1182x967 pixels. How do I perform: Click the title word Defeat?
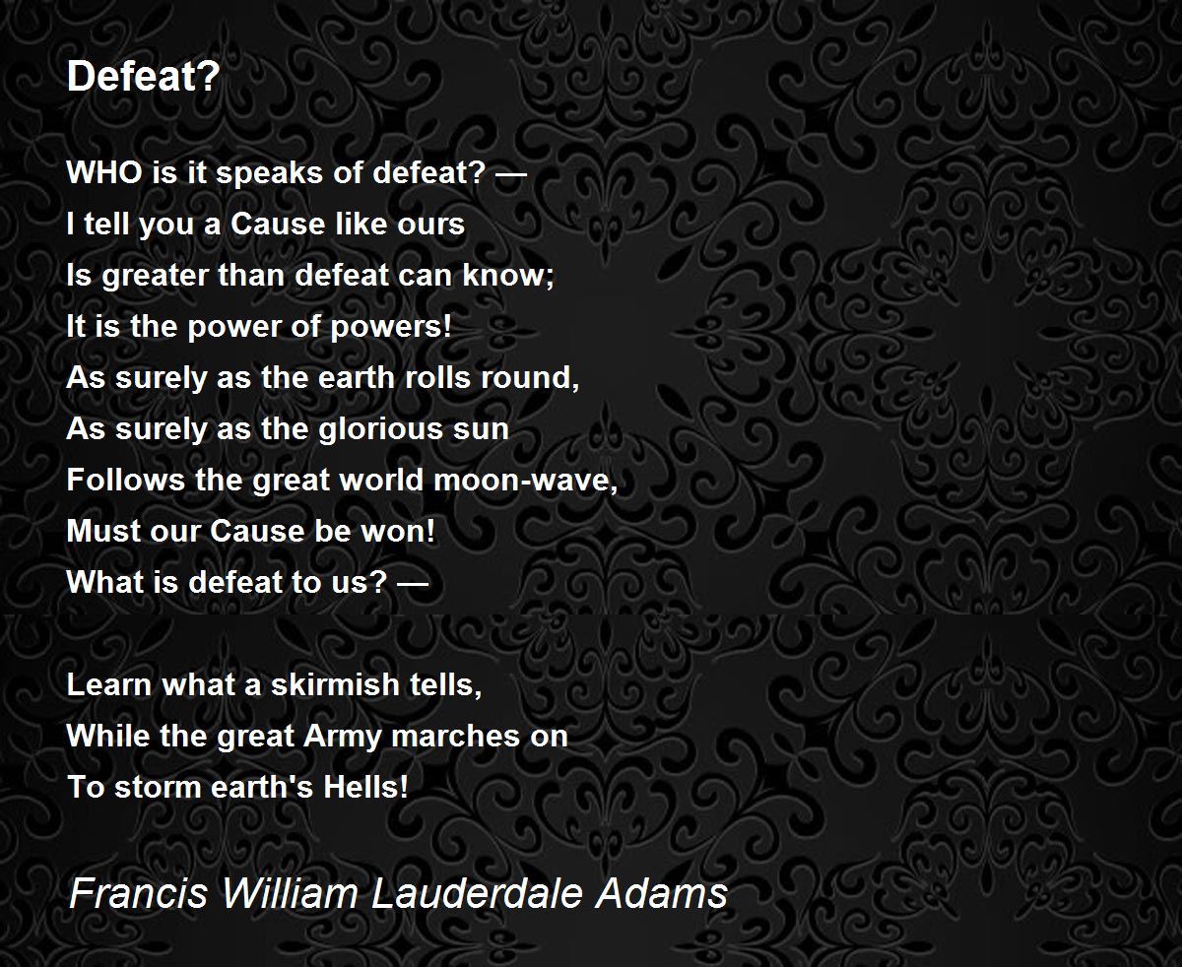coord(142,78)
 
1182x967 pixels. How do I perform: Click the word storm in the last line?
coord(143,788)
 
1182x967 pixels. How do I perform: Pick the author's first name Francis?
coord(138,892)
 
